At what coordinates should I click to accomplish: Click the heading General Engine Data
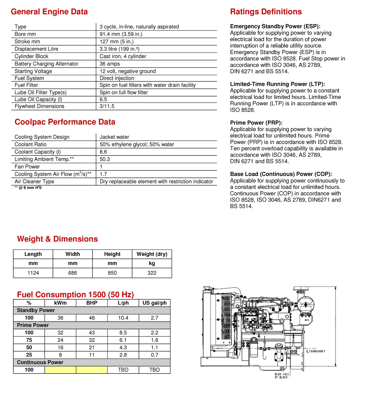[x=49, y=12]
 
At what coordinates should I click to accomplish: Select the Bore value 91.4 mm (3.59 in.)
[x=121, y=34]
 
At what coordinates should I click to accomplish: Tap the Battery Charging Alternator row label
[x=46, y=64]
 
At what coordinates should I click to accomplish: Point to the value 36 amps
[x=109, y=64]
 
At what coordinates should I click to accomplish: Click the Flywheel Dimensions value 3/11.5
[x=107, y=106]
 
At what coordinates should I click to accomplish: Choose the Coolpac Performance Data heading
[x=65, y=122]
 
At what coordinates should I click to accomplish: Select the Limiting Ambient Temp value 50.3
[x=105, y=159]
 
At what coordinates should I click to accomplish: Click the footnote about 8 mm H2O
[x=28, y=188]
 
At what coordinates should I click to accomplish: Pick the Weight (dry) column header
[x=152, y=254]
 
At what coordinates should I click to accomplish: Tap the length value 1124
[x=33, y=273]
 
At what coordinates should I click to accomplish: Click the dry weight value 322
[x=152, y=273]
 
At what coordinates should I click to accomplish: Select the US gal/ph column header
[x=154, y=303]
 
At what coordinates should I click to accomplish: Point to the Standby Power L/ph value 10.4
[x=123, y=318]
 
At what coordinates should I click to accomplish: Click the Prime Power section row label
[x=33, y=325]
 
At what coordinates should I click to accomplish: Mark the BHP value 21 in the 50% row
[x=92, y=347]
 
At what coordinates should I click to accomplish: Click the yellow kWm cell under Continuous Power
[x=60, y=369]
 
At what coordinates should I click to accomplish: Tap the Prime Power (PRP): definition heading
[x=256, y=122]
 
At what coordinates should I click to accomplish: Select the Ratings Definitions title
[x=266, y=12]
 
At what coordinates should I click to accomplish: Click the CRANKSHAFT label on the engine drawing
[x=317, y=351]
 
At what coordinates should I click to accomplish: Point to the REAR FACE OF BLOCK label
[x=281, y=376]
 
